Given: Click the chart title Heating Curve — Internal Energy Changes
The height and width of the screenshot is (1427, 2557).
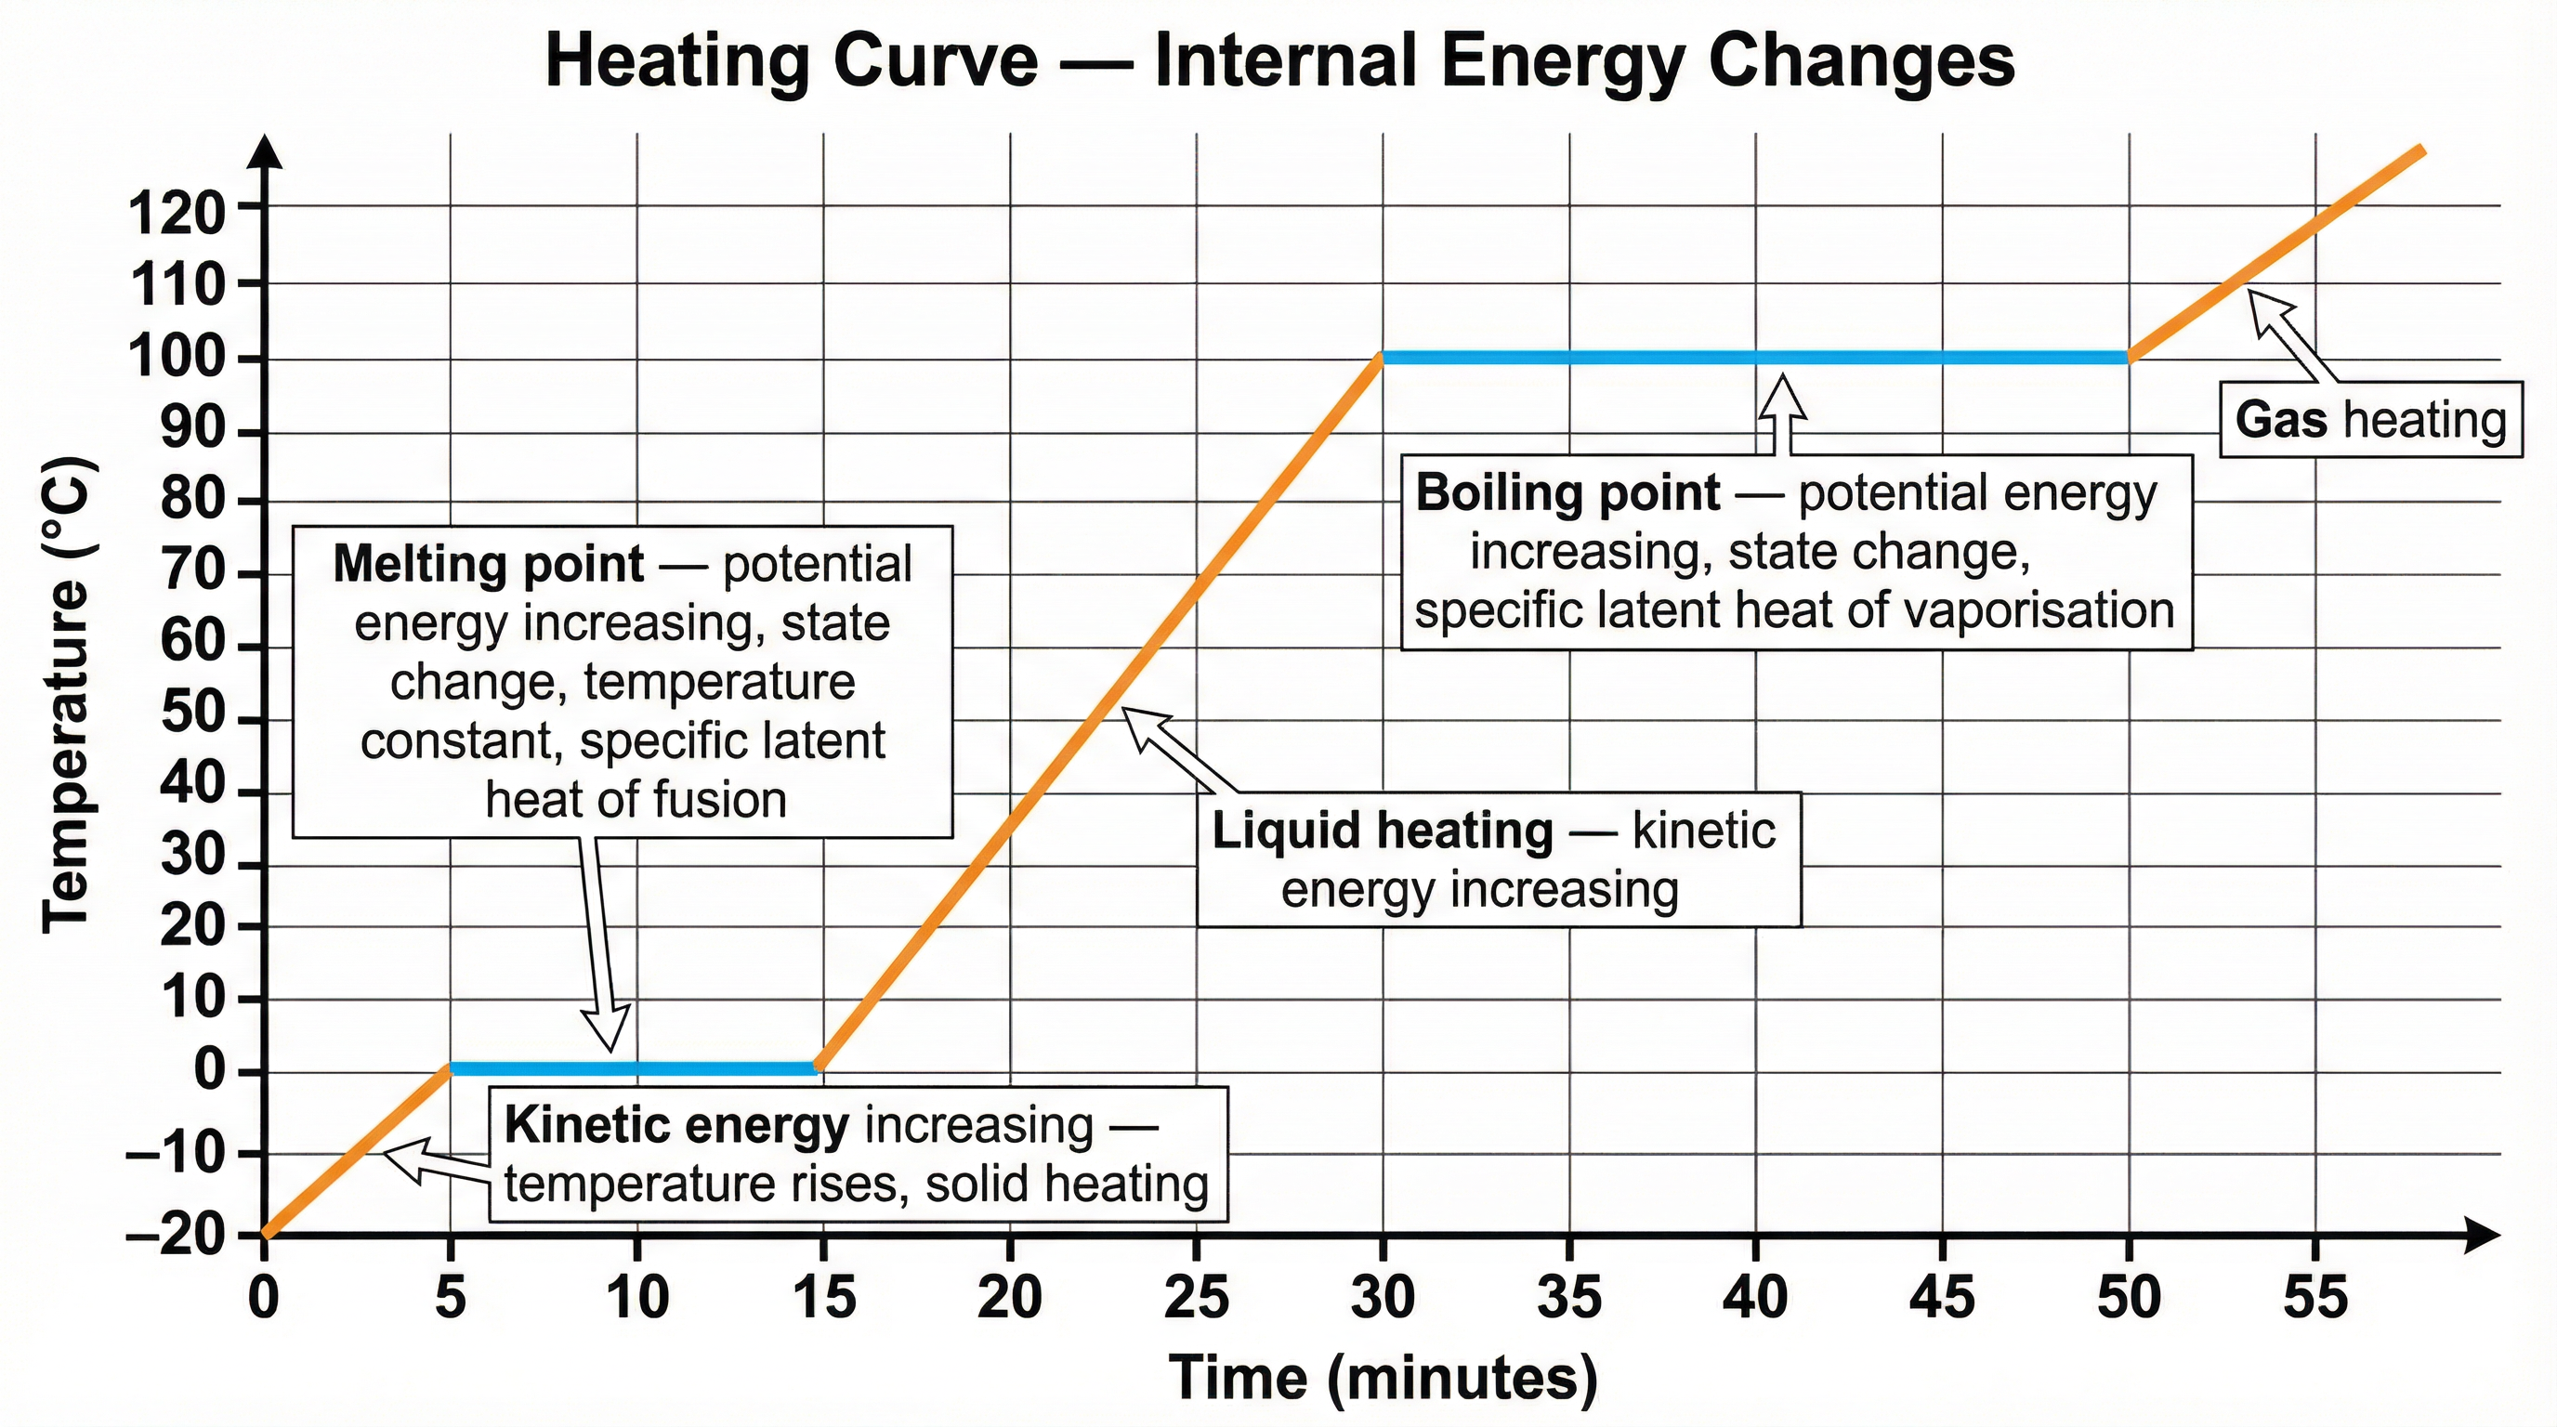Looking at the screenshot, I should click(1279, 61).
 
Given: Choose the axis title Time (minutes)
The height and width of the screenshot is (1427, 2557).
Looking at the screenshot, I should click(1383, 1378).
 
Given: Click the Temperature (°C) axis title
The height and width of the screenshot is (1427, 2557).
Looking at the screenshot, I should click(68, 695).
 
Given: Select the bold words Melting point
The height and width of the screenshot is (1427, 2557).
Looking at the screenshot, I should click(489, 565).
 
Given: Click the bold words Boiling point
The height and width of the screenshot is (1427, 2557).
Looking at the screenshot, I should click(1567, 493).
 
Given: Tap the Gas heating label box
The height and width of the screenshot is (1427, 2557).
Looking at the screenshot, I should click(2369, 420).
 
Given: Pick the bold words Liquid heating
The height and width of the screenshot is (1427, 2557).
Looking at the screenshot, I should click(1382, 831).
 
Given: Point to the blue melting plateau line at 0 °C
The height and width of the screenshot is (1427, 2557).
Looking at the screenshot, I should click(636, 1068).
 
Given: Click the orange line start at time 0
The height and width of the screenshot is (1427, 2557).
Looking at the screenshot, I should click(265, 1234).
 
